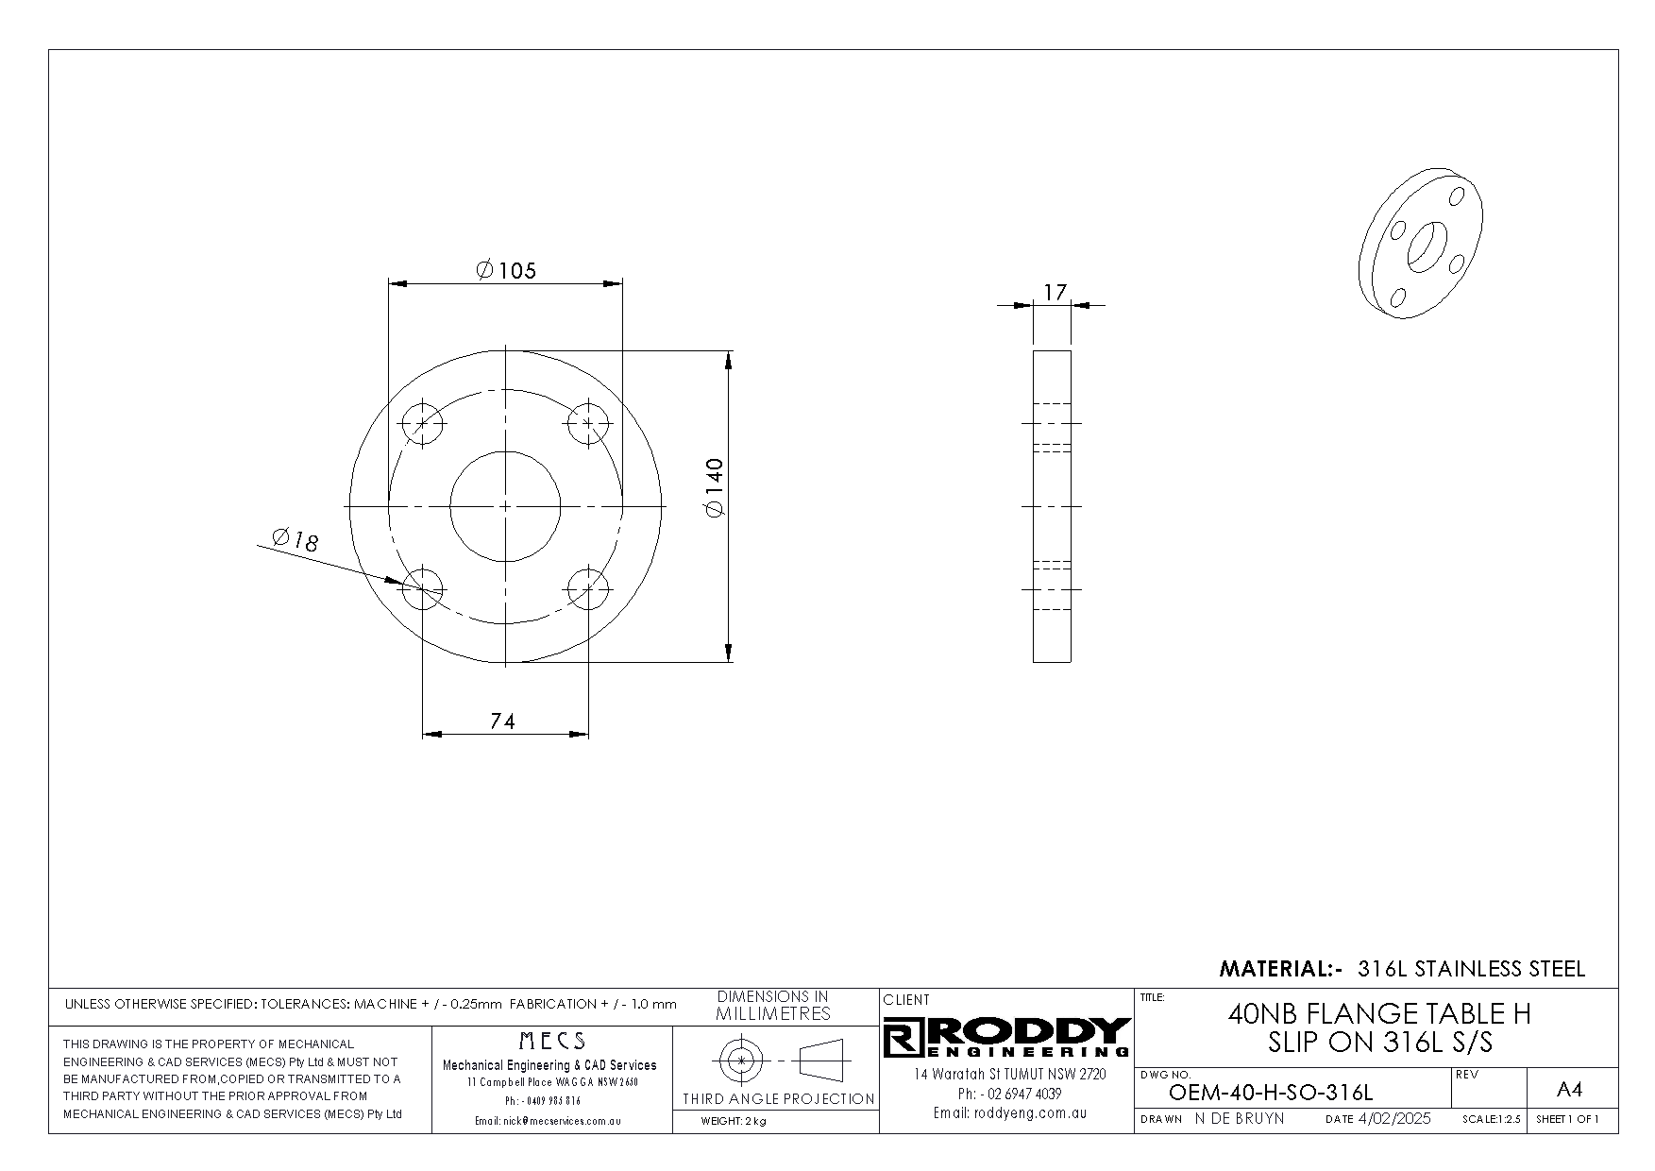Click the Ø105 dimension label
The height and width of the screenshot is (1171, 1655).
pyautogui.click(x=506, y=271)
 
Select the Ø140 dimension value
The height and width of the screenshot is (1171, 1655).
pyautogui.click(x=714, y=487)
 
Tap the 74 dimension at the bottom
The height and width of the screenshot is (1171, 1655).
pyautogui.click(x=503, y=721)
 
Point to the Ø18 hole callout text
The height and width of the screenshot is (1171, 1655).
pyautogui.click(x=296, y=539)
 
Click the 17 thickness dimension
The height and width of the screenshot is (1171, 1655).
pyautogui.click(x=1055, y=293)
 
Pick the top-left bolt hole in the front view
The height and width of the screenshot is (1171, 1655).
pyautogui.click(x=422, y=423)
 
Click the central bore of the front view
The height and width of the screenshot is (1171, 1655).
pyautogui.click(x=505, y=506)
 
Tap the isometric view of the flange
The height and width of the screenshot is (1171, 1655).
pyautogui.click(x=1422, y=245)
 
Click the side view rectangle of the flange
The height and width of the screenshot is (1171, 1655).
pyautogui.click(x=1052, y=506)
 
